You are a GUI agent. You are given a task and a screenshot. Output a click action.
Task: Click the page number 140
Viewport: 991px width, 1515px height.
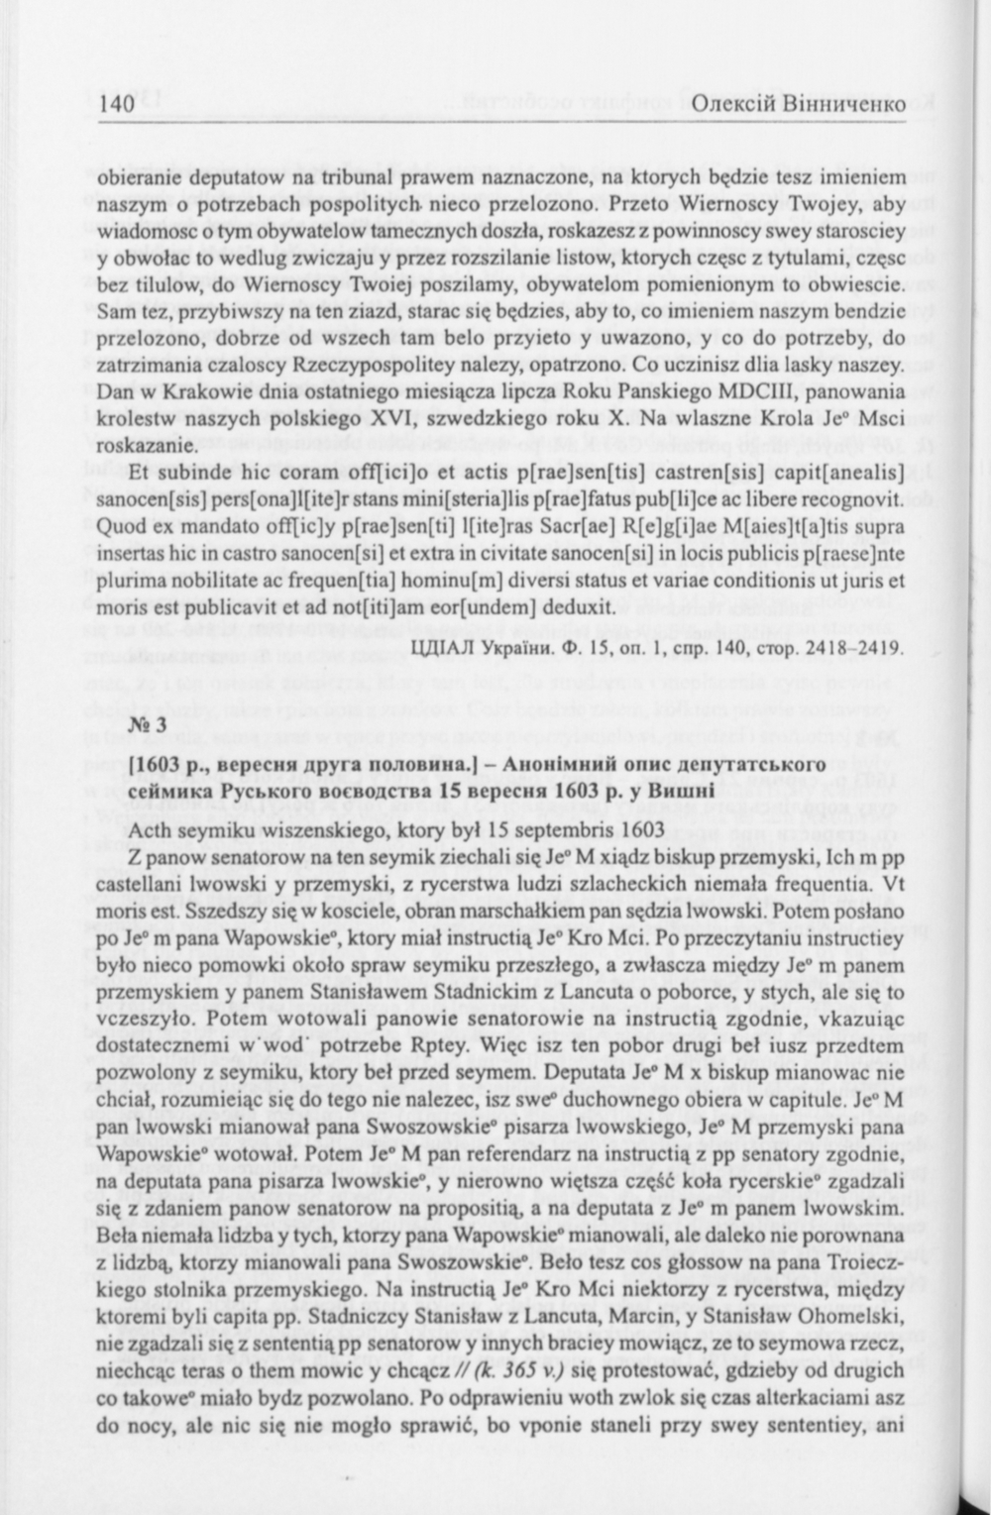[116, 103]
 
